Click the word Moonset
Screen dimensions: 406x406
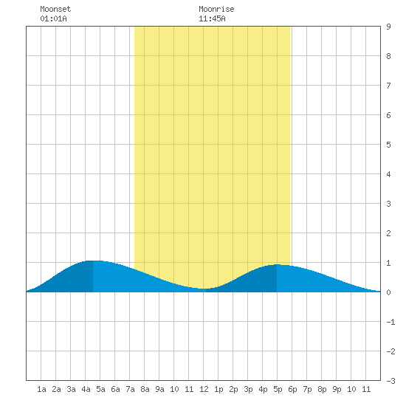pyautogui.click(x=55, y=9)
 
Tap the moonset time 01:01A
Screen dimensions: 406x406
pyautogui.click(x=54, y=18)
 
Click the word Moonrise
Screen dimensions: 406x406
pyautogui.click(x=216, y=9)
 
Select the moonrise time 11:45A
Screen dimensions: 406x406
pyautogui.click(x=212, y=18)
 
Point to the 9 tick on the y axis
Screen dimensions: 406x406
pyautogui.click(x=388, y=27)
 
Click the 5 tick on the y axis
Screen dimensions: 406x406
pyautogui.click(x=388, y=145)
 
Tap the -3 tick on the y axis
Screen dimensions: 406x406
pyautogui.click(x=390, y=381)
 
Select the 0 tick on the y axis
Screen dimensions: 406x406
pyautogui.click(x=388, y=292)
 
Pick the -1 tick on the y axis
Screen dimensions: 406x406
pyautogui.click(x=390, y=322)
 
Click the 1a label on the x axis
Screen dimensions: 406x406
pyautogui.click(x=41, y=389)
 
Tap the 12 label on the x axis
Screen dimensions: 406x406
pyautogui.click(x=204, y=389)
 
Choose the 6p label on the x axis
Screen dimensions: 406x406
pyautogui.click(x=292, y=389)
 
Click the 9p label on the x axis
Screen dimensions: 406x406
pyautogui.click(x=337, y=389)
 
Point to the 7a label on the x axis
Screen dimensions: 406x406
pyautogui.click(x=130, y=389)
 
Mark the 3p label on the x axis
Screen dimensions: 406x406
pyautogui.click(x=248, y=389)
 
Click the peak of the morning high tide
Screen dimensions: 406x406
pyautogui.click(x=93, y=261)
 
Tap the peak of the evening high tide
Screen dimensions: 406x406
pyautogui.click(x=277, y=264)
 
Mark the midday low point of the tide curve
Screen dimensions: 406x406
pyautogui.click(x=204, y=289)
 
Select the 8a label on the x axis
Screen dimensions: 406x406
pyautogui.click(x=145, y=389)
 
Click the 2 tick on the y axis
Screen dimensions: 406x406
pyautogui.click(x=388, y=233)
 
